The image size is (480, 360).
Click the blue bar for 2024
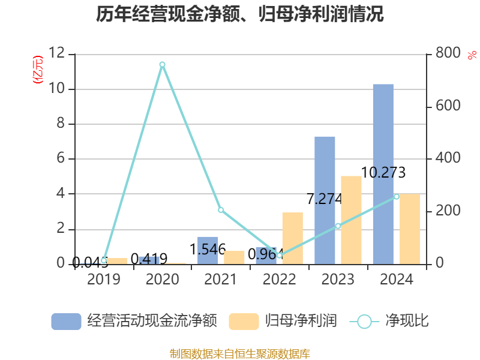coord(383,174)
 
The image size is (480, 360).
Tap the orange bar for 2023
coord(351,220)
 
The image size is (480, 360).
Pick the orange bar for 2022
coord(292,238)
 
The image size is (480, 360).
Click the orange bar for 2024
coord(410,229)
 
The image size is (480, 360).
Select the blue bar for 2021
coord(208,250)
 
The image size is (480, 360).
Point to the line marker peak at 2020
coord(162,64)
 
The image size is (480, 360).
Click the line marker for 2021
coord(221,210)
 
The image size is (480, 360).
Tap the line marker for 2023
coord(338,226)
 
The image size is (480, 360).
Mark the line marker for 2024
coord(396,197)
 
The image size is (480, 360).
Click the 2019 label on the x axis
coord(104,280)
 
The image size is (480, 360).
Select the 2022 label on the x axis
coord(279,280)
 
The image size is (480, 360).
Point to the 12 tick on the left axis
coord(58,54)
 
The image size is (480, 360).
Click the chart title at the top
coord(240,14)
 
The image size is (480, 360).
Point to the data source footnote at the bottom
coord(240,353)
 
